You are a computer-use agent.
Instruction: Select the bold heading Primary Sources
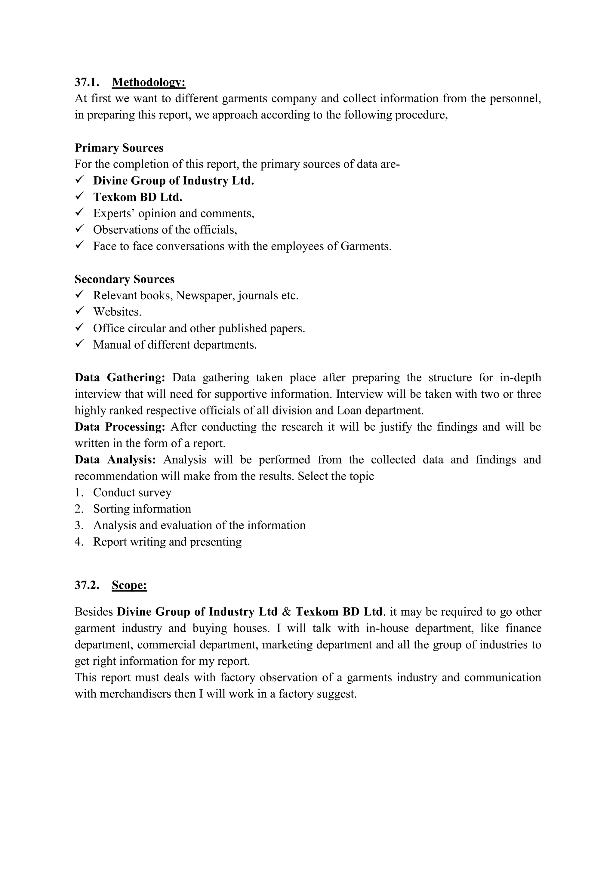119,148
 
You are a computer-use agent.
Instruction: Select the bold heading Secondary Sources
125,279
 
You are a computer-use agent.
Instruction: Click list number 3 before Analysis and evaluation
79,525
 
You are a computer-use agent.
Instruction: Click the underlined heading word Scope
129,585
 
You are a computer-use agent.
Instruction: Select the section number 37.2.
87,585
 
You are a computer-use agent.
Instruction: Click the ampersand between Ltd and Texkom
287,612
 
